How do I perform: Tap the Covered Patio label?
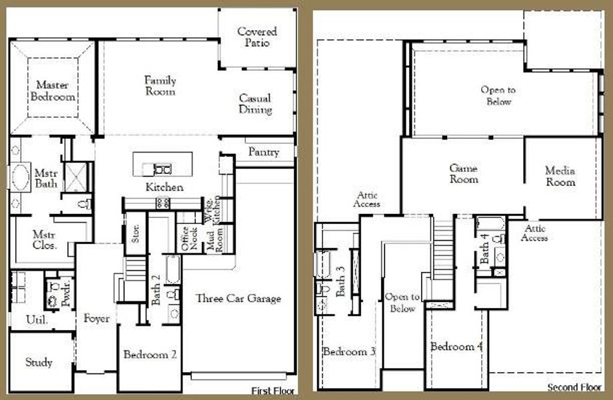[257, 37]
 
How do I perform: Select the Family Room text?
[161, 86]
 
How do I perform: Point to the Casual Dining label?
[256, 104]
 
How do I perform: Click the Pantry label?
[263, 153]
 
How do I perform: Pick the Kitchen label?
[164, 187]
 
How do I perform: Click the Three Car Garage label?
[238, 299]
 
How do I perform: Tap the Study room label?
[39, 363]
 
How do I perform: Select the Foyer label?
[97, 319]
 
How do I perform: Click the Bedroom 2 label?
[150, 355]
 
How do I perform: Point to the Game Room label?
[463, 174]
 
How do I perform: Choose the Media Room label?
[560, 176]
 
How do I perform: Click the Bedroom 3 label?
[349, 351]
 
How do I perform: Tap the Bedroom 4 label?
[456, 347]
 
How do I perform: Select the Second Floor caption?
[574, 387]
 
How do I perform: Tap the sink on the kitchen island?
[162, 169]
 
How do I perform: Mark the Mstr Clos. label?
[45, 240]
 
